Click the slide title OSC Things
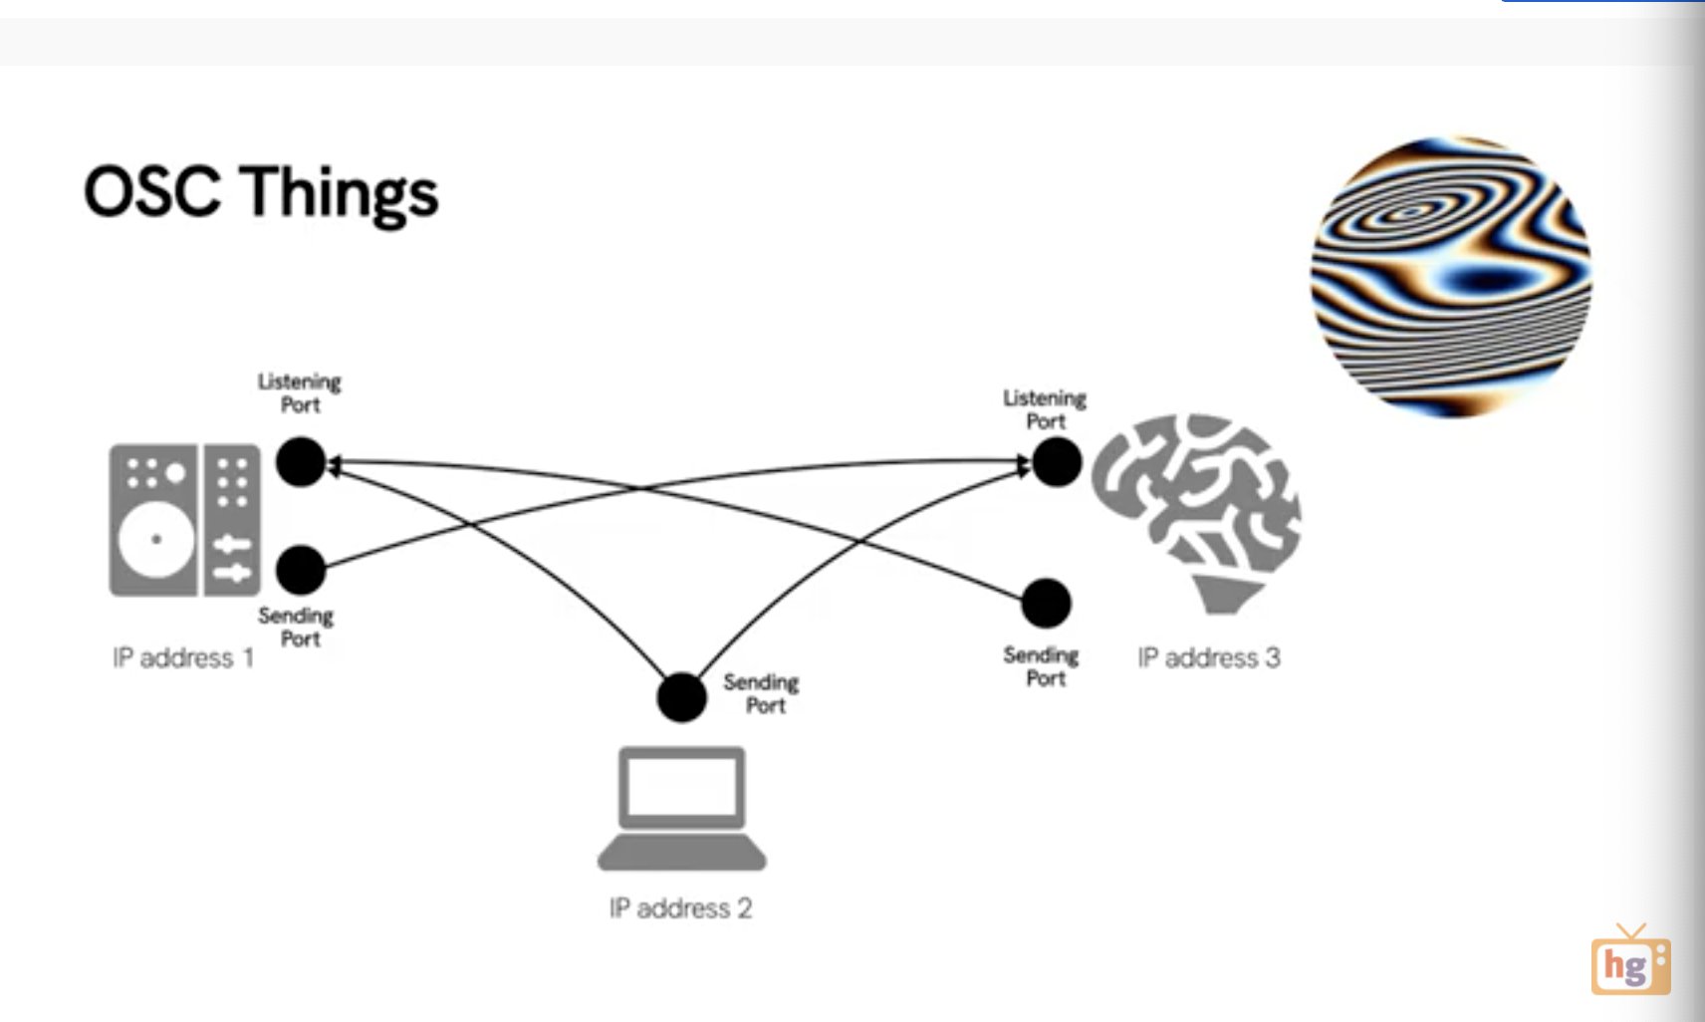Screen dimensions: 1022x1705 coord(261,192)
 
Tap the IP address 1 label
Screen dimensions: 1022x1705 coord(183,657)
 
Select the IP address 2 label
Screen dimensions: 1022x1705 coord(680,907)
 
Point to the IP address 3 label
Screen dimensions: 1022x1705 coord(1208,657)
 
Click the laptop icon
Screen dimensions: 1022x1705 coord(682,808)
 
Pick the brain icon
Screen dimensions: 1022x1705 coord(1196,508)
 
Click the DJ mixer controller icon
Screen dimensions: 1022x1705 coord(185,520)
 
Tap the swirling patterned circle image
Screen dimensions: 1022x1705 coord(1450,277)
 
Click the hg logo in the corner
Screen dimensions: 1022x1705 coord(1630,963)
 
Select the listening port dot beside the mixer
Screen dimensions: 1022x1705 coord(301,462)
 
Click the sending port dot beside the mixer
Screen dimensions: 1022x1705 coord(301,570)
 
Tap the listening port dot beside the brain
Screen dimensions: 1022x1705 coord(1057,462)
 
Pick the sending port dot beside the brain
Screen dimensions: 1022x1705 coord(1046,603)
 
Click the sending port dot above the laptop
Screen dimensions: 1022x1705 coord(682,697)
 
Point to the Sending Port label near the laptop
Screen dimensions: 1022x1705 coord(762,693)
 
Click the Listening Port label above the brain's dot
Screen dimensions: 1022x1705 coord(1045,409)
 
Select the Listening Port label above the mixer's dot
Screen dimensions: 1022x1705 coord(300,392)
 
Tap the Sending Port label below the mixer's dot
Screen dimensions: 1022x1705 coord(297,627)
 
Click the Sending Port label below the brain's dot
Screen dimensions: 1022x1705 coord(1042,666)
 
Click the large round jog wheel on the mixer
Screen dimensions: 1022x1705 coord(156,540)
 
